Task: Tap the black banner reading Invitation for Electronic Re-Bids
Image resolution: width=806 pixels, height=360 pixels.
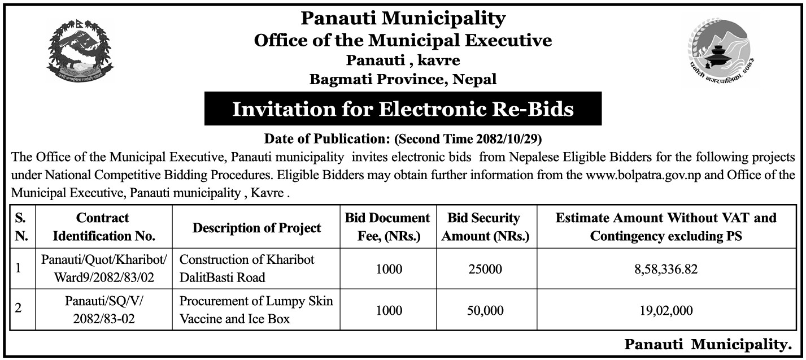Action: pyautogui.click(x=403, y=109)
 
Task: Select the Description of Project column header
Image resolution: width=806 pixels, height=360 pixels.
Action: pyautogui.click(x=256, y=228)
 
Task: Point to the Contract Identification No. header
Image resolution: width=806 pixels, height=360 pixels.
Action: pyautogui.click(x=103, y=227)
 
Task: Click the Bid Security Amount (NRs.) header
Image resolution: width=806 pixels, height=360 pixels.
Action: pyautogui.click(x=485, y=227)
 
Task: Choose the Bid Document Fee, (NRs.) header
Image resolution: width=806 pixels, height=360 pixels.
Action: pyautogui.click(x=389, y=227)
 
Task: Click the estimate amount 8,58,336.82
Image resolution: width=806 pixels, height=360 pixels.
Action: pyautogui.click(x=665, y=269)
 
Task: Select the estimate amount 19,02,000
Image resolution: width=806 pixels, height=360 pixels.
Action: pyautogui.click(x=665, y=310)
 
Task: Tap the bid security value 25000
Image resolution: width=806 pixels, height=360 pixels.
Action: pyautogui.click(x=485, y=269)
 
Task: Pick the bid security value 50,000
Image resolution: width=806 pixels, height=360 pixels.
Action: pyautogui.click(x=485, y=310)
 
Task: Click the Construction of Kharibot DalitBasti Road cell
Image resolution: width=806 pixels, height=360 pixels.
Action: pyautogui.click(x=247, y=268)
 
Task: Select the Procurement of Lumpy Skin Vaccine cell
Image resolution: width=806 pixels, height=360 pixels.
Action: pyautogui.click(x=256, y=310)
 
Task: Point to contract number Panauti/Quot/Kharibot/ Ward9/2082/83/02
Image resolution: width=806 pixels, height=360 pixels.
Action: pyautogui.click(x=103, y=268)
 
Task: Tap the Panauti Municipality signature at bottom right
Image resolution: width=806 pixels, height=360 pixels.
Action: pyautogui.click(x=707, y=344)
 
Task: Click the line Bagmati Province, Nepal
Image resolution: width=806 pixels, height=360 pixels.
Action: pyautogui.click(x=403, y=79)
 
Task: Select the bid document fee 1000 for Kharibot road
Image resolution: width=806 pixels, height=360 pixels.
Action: pyautogui.click(x=389, y=269)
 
